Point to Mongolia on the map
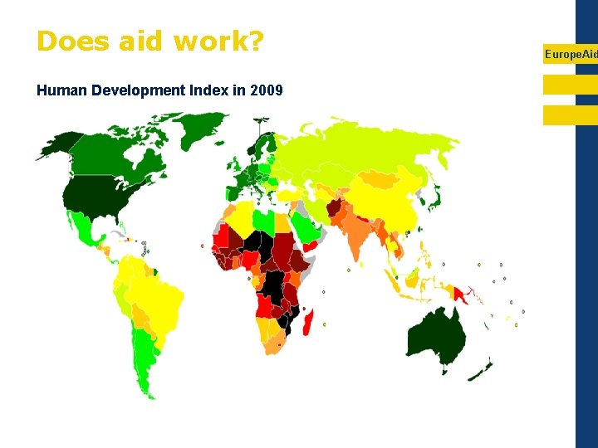[x=378, y=178]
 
